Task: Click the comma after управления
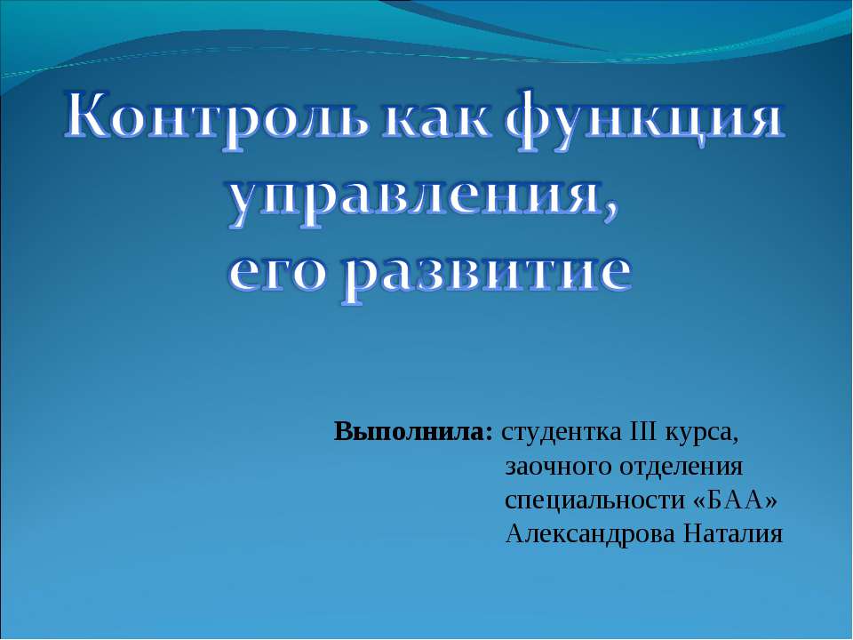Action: pos(611,218)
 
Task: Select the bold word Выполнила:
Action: pos(413,433)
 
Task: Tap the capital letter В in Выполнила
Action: pos(343,433)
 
